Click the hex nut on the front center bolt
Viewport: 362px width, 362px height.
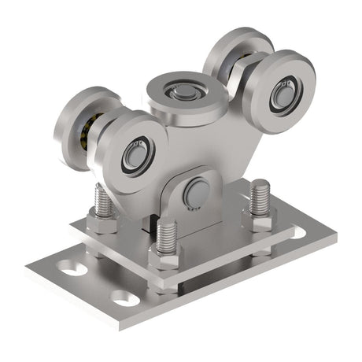click(x=165, y=256)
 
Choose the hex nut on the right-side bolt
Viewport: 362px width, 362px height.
click(x=260, y=220)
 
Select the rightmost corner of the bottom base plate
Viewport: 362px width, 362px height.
click(x=335, y=235)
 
